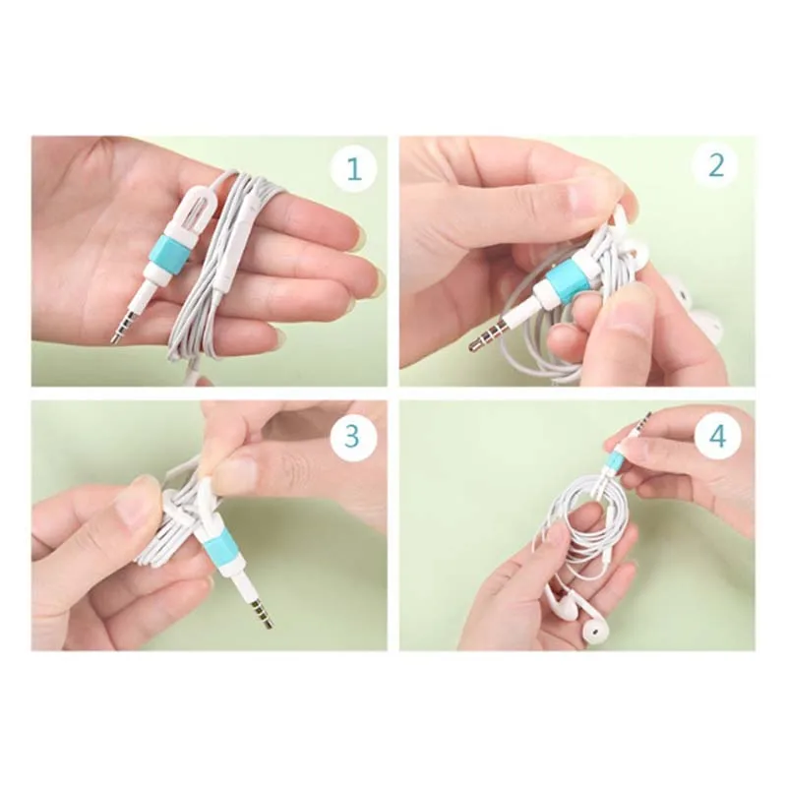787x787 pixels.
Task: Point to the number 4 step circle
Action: coord(716,433)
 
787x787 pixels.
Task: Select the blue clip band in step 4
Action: coord(615,460)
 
